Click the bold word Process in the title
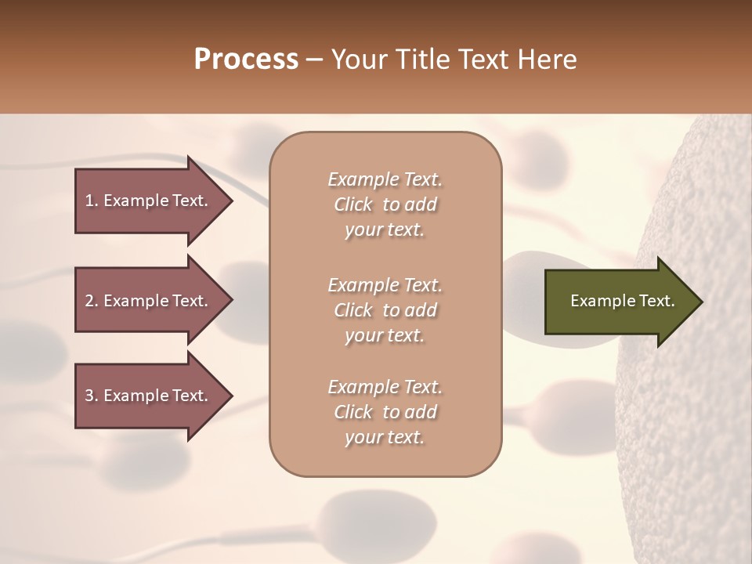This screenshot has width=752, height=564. [246, 60]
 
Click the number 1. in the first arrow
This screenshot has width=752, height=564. [92, 201]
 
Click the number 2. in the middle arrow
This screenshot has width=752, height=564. [92, 301]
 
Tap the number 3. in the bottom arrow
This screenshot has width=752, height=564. [92, 396]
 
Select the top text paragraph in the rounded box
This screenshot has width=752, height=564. [385, 204]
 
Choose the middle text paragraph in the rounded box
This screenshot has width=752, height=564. [385, 310]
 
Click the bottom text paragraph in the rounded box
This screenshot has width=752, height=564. [385, 412]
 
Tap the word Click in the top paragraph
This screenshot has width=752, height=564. [353, 204]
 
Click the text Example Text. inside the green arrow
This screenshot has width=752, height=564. [623, 301]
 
